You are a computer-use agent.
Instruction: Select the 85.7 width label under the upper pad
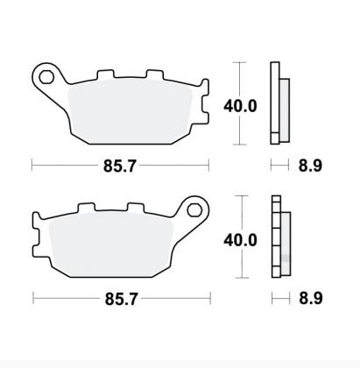[x=119, y=164]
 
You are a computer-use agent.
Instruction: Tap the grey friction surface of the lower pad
[x=114, y=245]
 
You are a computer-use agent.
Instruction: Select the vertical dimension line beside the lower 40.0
[x=238, y=263]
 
